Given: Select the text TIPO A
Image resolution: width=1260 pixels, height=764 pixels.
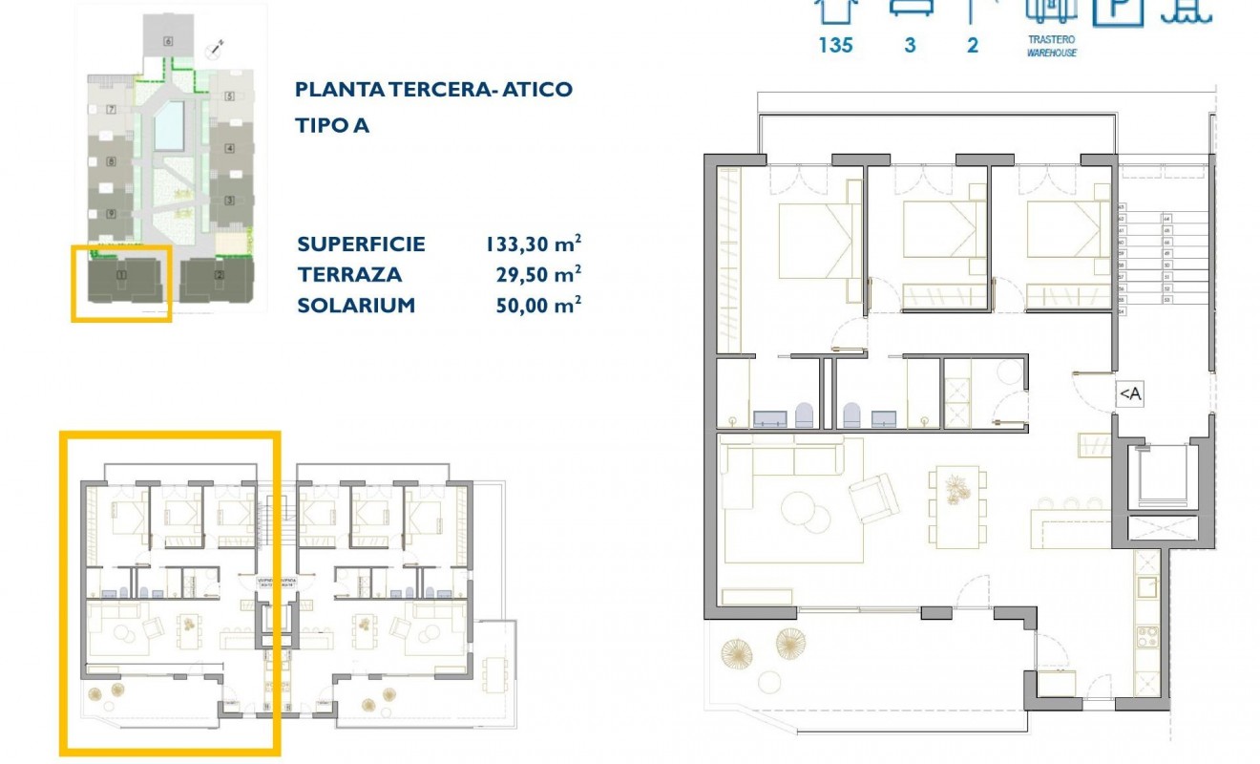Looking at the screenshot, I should click(332, 126).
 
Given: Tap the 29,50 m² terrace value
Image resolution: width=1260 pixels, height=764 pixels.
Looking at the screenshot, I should click(539, 275).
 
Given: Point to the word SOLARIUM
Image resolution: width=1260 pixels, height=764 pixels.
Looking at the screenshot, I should click(356, 306).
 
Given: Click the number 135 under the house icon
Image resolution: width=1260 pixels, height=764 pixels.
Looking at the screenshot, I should click(835, 45).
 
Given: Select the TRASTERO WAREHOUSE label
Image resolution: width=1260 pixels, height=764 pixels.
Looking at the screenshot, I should click(1051, 47).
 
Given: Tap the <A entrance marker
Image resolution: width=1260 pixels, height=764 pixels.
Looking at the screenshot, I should click(1129, 393).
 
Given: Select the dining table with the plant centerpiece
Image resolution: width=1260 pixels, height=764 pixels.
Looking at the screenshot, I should click(956, 506).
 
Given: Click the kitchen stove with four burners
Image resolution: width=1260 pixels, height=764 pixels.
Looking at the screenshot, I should click(1145, 634).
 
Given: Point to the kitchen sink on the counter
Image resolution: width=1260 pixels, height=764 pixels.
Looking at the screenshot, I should click(1145, 584).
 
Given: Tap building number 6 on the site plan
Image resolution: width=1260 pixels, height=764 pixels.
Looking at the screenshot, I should click(168, 41).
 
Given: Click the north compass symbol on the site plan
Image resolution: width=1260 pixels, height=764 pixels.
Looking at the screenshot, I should click(219, 46).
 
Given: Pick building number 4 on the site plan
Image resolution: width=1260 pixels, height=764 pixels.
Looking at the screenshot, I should click(229, 149).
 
